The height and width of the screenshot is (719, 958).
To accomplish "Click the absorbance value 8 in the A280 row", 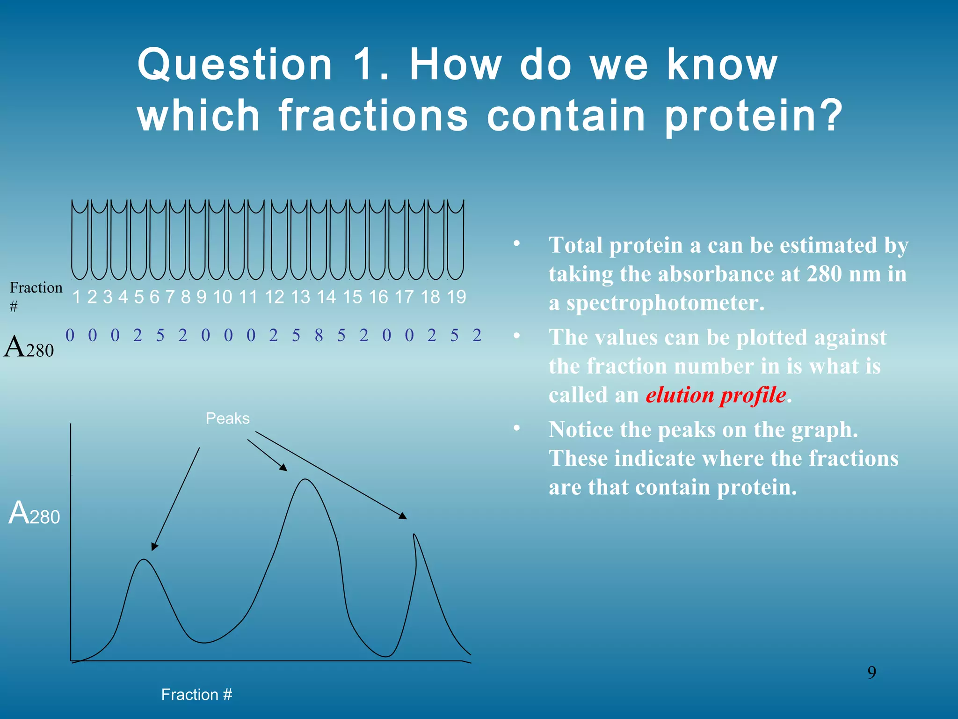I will [319, 335].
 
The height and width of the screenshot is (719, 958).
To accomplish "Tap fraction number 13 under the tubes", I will [300, 297].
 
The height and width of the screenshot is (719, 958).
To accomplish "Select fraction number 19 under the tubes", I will [456, 297].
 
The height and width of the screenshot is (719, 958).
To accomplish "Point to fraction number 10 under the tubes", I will [222, 297].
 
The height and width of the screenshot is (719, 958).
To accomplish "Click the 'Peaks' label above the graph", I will [227, 418].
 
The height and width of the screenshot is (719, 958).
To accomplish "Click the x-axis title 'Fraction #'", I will [196, 694].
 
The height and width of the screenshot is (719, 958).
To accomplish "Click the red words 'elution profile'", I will [716, 395].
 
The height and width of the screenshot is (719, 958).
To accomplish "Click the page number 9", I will [871, 672].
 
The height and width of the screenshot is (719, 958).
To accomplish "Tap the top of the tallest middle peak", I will [305, 479].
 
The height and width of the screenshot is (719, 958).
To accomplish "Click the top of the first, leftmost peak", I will [144, 560].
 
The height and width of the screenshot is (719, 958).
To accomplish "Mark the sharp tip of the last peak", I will [414, 535].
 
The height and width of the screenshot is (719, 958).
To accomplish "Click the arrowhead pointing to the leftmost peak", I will [154, 547].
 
